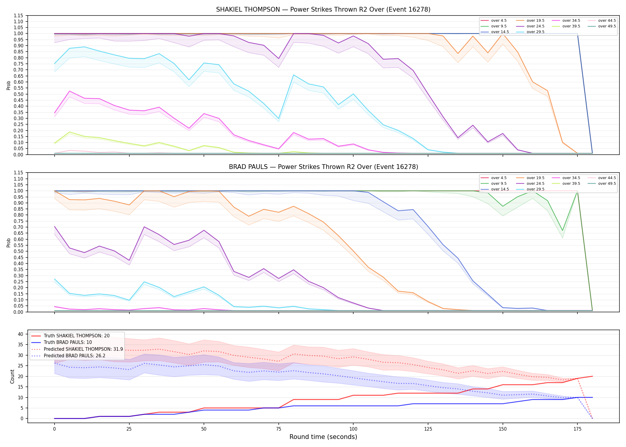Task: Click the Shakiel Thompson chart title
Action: (323, 10)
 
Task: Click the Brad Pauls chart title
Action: (323, 167)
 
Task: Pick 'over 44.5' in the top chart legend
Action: (607, 21)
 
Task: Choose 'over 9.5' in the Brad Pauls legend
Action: (499, 184)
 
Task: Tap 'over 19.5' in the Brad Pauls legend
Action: (535, 178)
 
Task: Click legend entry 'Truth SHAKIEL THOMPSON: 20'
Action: (77, 336)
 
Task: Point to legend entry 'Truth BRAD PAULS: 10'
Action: (68, 342)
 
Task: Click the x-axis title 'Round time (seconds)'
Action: (323, 437)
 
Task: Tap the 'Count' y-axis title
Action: (12, 376)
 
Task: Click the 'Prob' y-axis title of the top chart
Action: (9, 86)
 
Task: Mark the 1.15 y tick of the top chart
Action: (18, 15)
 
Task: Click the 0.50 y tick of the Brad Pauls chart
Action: (18, 251)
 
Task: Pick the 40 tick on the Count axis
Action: (21, 334)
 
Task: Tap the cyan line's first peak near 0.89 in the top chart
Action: (84, 47)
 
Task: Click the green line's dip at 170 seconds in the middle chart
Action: (563, 230)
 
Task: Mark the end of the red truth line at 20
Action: (592, 376)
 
